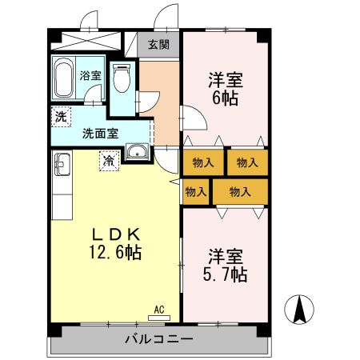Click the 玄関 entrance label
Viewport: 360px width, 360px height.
click(159, 45)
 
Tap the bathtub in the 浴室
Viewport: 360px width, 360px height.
click(63, 78)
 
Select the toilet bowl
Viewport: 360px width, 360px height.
click(122, 78)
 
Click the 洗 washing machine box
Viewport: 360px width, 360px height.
click(61, 117)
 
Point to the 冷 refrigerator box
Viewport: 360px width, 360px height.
click(109, 161)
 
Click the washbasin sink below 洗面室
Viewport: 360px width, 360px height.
click(137, 151)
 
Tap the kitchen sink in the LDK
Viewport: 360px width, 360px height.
click(62, 165)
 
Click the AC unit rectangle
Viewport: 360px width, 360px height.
click(159, 318)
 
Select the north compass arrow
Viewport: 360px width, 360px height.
click(299, 310)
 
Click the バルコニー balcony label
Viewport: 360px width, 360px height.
click(159, 339)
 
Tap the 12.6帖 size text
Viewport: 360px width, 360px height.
click(115, 252)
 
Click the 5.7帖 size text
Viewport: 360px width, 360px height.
click(226, 274)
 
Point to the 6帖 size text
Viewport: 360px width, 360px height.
click(226, 98)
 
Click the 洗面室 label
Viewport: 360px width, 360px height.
click(100, 134)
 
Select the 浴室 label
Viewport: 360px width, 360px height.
click(90, 75)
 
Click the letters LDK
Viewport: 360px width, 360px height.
click(116, 234)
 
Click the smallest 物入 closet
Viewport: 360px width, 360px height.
click(196, 192)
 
